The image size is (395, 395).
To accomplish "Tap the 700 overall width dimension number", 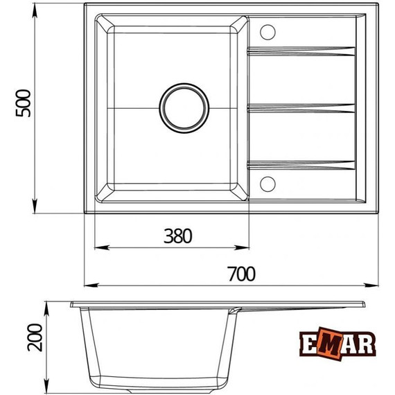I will tap(241, 274).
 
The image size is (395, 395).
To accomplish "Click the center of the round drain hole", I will tap(184, 107).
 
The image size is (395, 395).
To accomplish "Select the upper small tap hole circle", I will tap(267, 32).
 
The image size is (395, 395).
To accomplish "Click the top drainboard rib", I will tap(302, 51).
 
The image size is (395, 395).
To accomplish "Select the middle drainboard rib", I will tap(302, 107).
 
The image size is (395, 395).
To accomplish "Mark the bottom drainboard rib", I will tap(302, 164).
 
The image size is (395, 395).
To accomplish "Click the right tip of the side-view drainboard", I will tap(365, 304).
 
